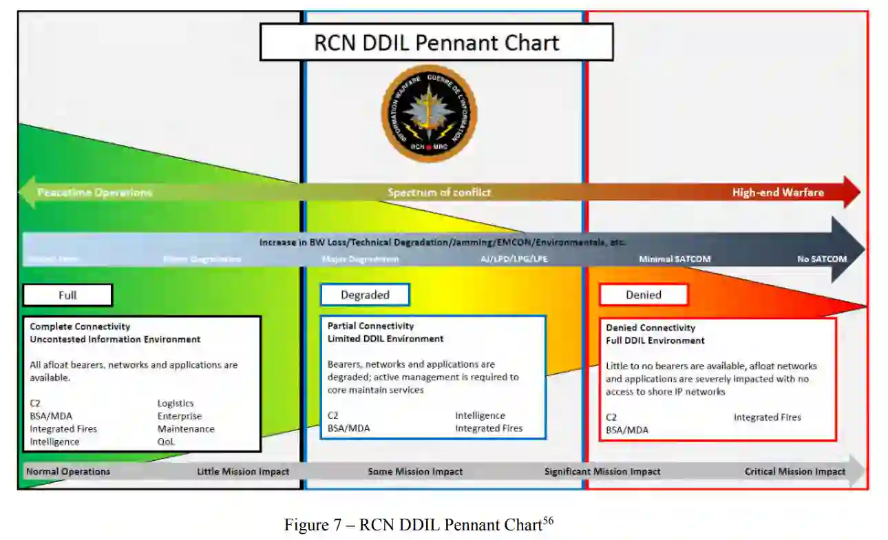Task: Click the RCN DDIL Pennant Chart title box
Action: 436,43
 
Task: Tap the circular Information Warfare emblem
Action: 429,113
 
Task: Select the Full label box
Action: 67,295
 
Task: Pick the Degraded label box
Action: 365,295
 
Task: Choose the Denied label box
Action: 644,295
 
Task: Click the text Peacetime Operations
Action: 94,192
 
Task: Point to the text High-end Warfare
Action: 778,192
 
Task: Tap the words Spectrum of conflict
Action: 439,192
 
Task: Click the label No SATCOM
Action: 822,259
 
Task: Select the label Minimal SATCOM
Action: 675,259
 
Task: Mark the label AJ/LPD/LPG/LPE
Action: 514,259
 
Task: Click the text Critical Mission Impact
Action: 795,472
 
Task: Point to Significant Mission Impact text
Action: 602,472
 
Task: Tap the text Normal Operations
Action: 67,472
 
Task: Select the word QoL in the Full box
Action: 166,442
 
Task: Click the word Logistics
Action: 176,404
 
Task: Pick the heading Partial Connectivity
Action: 370,326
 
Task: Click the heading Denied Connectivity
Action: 651,328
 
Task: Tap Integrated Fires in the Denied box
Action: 767,417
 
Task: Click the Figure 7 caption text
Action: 419,525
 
